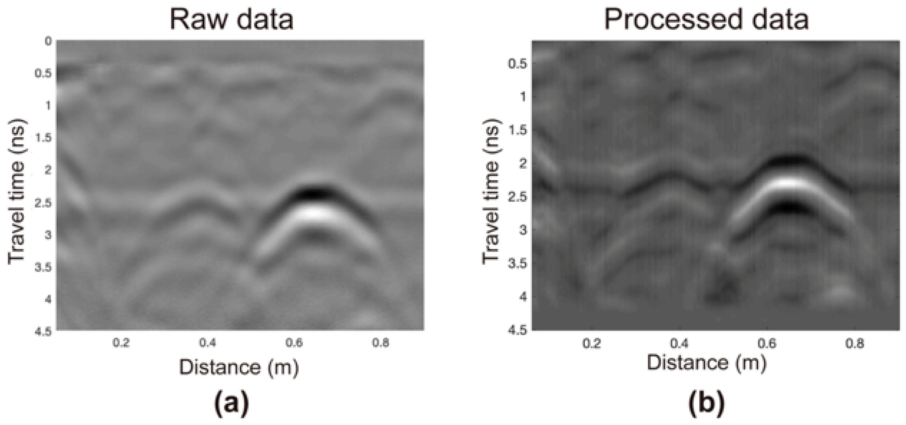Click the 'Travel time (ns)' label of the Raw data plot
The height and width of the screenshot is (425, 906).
tap(17, 191)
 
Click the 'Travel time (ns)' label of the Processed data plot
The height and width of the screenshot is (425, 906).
tap(491, 191)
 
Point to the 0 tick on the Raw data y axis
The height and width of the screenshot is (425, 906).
tap(48, 41)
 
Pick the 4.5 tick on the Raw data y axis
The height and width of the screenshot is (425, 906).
tap(43, 331)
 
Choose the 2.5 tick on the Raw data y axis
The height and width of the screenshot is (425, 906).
tap(43, 202)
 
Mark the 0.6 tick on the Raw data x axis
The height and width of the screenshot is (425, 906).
tap(294, 343)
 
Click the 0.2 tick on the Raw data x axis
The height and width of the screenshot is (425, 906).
tap(121, 343)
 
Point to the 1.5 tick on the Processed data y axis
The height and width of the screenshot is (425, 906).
tap(518, 130)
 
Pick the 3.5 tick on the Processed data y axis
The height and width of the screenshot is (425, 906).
tap(518, 263)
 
